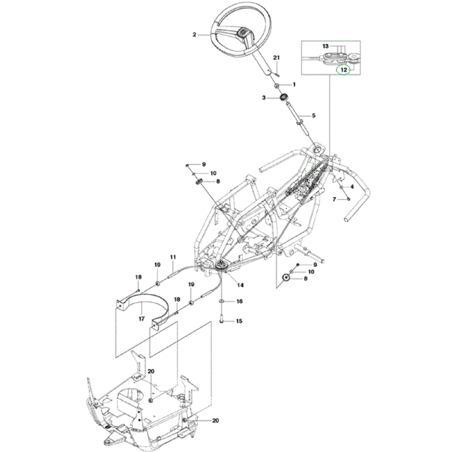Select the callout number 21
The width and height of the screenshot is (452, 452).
pyautogui.click(x=276, y=59)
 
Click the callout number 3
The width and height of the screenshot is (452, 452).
pyautogui.click(x=263, y=98)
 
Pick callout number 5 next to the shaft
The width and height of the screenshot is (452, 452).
pyautogui.click(x=314, y=116)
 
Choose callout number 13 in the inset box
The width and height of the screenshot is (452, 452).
pyautogui.click(x=326, y=46)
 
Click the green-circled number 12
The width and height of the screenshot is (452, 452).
pyautogui.click(x=344, y=68)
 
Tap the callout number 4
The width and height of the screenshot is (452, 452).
pyautogui.click(x=352, y=187)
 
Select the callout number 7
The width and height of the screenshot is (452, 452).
pyautogui.click(x=334, y=200)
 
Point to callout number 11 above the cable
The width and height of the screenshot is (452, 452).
pyautogui.click(x=173, y=258)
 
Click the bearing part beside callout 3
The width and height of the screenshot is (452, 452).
pyautogui.click(x=283, y=98)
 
